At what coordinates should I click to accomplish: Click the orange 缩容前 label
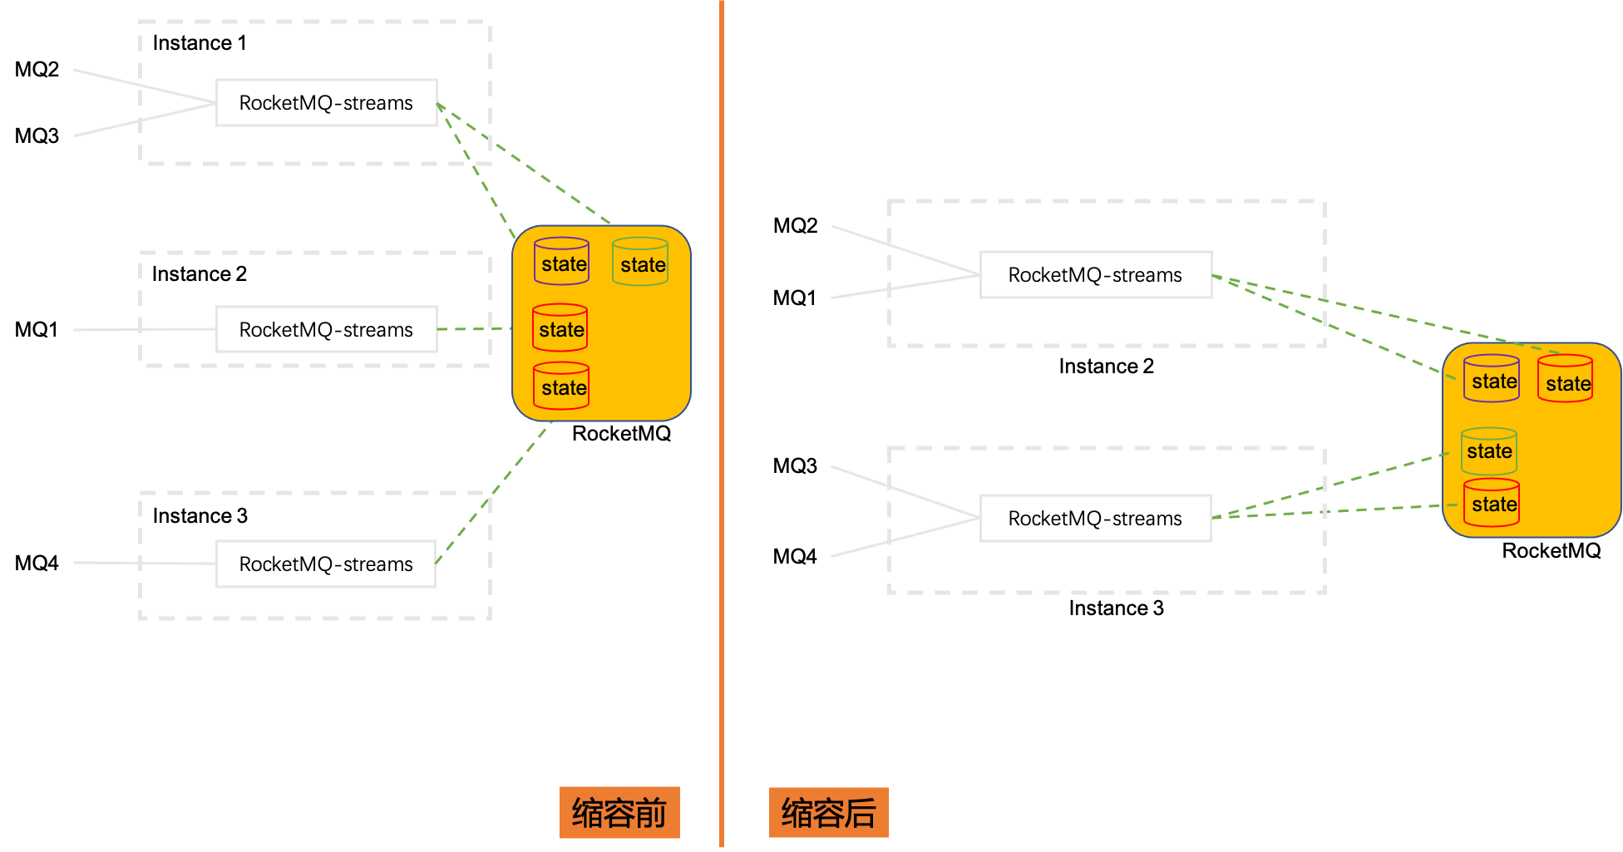point(619,813)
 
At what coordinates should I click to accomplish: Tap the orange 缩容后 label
point(828,813)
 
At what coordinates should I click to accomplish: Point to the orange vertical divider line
point(722,416)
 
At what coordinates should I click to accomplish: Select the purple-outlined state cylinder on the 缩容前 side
point(562,262)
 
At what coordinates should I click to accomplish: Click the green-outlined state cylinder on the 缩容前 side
point(640,262)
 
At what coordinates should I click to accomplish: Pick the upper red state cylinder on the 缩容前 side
point(560,328)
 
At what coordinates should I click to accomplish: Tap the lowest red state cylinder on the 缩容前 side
point(561,386)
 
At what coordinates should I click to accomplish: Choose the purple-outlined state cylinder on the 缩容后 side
point(1492,379)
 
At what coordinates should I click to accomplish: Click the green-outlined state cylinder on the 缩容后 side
point(1489,451)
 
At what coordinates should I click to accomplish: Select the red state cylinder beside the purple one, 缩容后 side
point(1566,379)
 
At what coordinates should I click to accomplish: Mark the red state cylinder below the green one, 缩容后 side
point(1492,503)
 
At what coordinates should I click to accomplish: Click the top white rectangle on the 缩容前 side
point(327,103)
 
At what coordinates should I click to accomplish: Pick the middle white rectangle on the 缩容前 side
point(327,329)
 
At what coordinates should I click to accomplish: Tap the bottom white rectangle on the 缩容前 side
point(326,564)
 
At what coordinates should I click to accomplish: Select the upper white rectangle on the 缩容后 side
point(1096,274)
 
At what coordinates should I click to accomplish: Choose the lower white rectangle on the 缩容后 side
point(1096,518)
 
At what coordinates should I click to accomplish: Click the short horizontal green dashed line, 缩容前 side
point(474,329)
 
